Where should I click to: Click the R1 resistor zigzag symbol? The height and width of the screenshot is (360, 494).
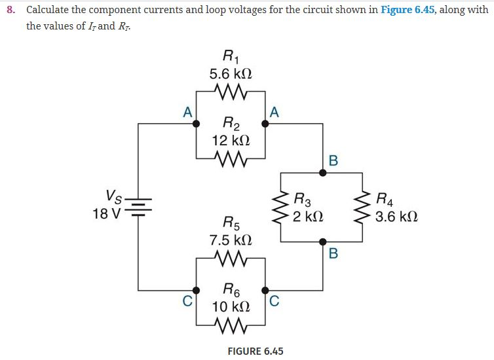230,90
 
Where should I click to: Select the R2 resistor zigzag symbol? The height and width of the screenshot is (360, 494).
230,158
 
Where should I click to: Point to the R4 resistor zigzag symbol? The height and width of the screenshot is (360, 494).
362,207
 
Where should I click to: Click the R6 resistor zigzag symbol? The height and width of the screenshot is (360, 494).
230,323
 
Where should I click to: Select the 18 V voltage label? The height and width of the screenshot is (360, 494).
107,214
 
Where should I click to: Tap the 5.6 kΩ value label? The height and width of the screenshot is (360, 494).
230,73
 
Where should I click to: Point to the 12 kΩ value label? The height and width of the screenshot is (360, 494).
230,140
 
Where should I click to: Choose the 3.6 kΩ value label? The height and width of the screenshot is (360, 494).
396,216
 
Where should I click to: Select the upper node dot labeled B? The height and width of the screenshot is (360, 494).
322,173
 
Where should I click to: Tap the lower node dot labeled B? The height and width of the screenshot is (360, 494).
322,242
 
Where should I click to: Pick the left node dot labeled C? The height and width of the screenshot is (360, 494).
196,290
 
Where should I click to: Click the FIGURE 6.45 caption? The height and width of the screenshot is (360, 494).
255,351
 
